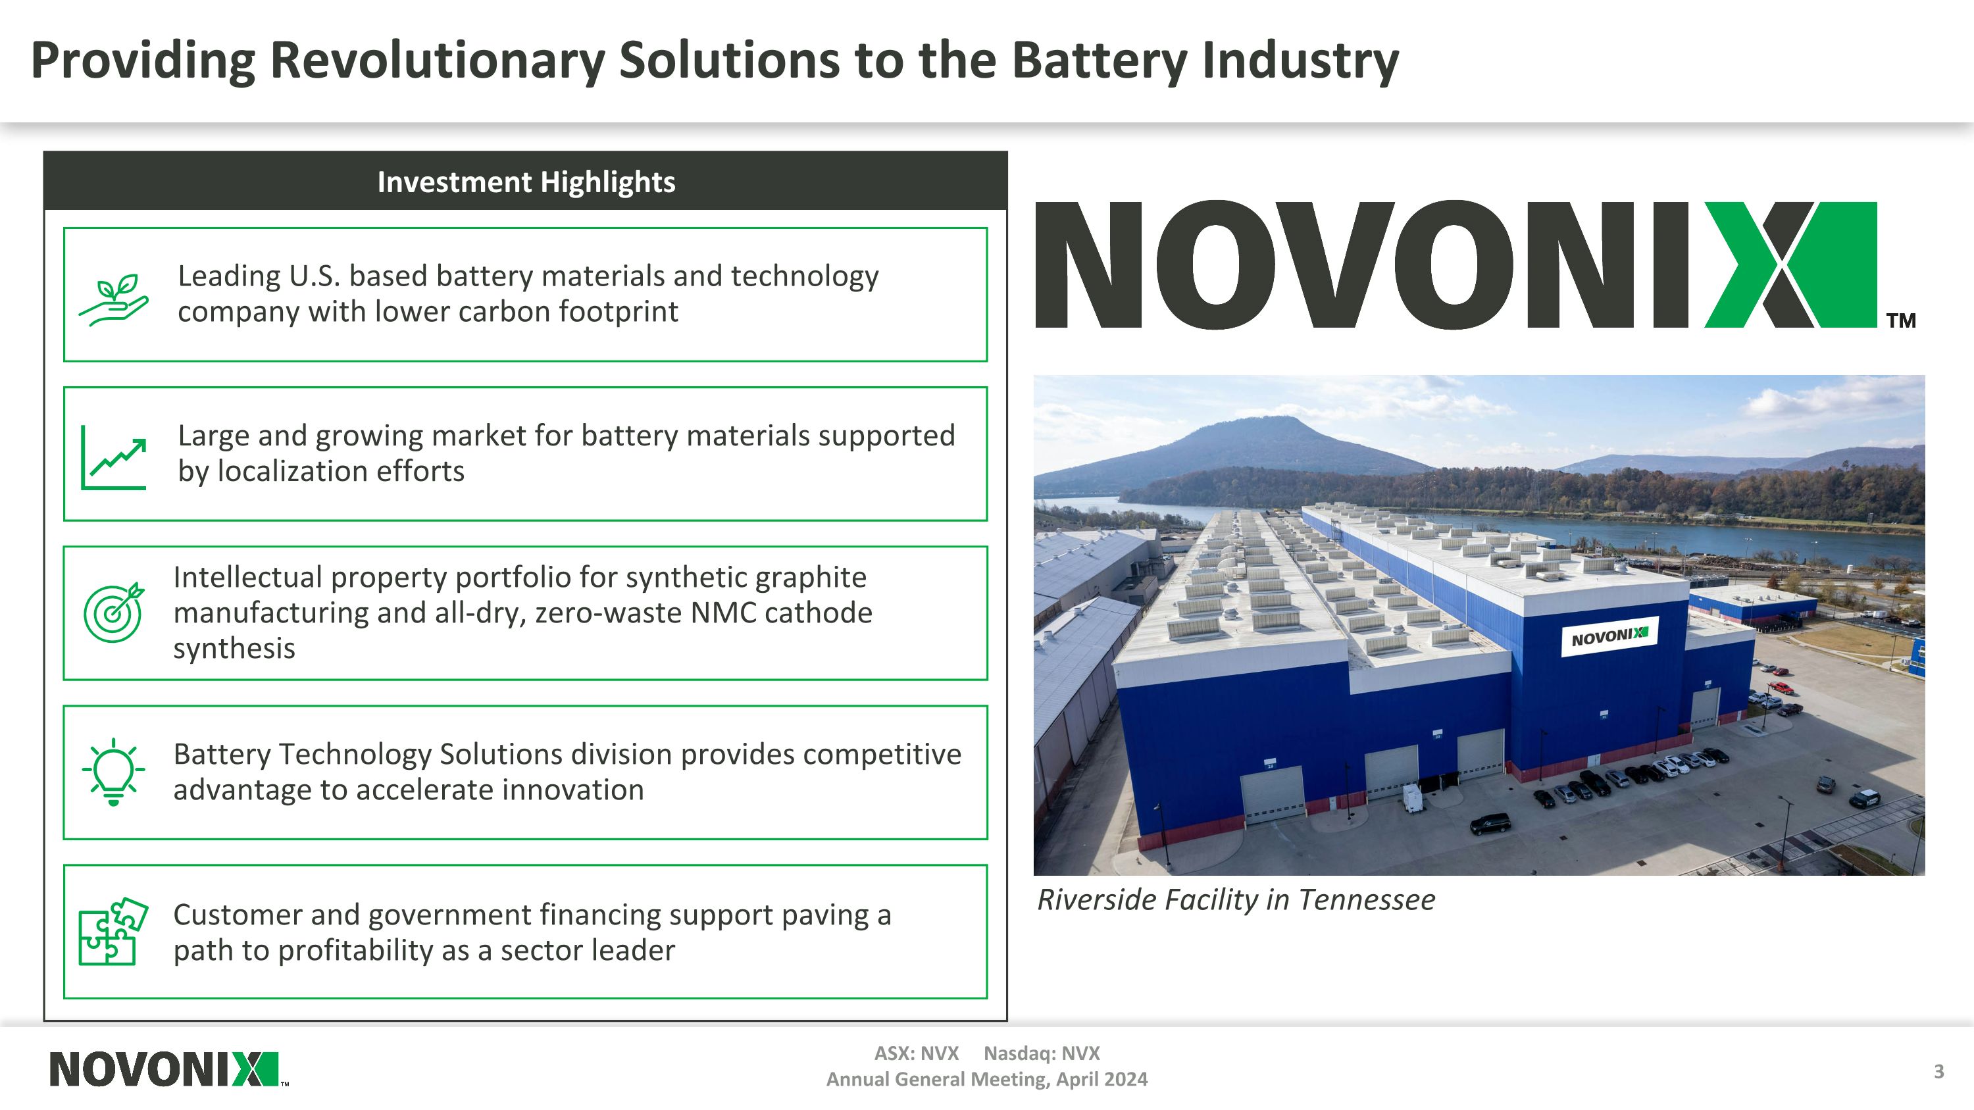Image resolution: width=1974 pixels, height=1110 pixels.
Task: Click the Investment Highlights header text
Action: tap(526, 182)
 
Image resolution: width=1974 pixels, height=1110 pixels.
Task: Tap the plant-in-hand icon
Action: tap(113, 299)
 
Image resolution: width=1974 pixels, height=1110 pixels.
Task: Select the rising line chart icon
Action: tap(113, 457)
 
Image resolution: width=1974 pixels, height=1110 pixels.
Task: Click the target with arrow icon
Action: tap(113, 612)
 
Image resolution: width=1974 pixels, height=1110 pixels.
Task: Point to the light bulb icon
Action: tap(113, 771)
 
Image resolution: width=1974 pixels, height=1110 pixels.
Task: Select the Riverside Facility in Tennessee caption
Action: tap(1235, 899)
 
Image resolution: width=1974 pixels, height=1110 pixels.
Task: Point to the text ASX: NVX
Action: tap(917, 1053)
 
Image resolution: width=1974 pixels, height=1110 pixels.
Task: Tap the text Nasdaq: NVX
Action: tap(1042, 1053)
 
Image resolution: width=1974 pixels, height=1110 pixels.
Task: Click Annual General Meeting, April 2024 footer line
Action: tap(986, 1079)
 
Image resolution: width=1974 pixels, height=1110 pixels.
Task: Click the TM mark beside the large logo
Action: tap(1900, 320)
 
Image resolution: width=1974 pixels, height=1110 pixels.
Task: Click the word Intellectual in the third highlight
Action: tap(247, 577)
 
